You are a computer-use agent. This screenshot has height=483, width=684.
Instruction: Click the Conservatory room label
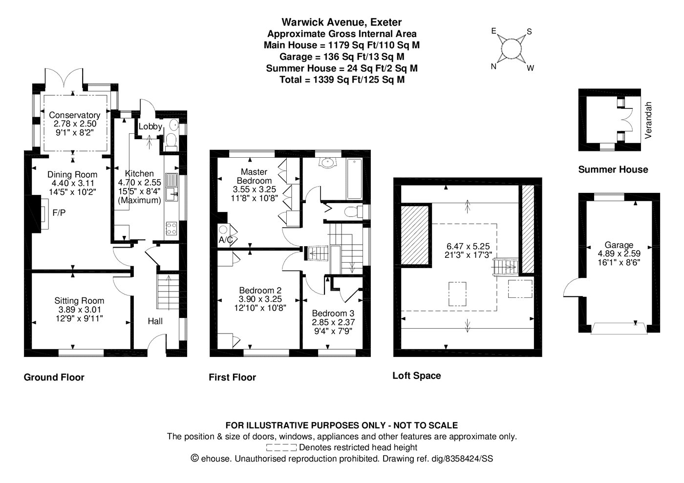(x=74, y=115)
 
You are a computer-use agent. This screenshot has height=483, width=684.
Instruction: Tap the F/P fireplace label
(x=59, y=212)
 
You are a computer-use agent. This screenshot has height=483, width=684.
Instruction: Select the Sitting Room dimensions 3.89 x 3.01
(x=79, y=310)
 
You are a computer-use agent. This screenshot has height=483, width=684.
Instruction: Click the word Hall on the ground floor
(x=155, y=321)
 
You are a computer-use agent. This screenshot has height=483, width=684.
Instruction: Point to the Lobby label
(x=150, y=126)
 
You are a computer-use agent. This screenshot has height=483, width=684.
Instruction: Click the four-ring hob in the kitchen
(x=171, y=229)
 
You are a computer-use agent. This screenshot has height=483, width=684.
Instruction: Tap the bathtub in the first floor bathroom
(x=354, y=179)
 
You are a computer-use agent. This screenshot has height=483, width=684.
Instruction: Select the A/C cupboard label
(x=226, y=240)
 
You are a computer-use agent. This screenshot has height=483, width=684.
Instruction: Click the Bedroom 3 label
(x=333, y=313)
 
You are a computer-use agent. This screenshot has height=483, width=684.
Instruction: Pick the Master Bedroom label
(x=254, y=176)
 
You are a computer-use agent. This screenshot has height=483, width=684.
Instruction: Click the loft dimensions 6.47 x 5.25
(x=468, y=246)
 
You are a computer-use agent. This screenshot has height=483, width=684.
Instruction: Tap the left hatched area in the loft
(x=415, y=235)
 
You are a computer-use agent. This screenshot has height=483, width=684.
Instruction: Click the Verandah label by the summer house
(x=648, y=120)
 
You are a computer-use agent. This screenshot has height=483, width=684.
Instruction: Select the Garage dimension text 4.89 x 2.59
(x=619, y=253)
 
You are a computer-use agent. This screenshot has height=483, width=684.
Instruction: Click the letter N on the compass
(x=493, y=66)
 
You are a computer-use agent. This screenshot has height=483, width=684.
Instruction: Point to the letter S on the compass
(x=529, y=31)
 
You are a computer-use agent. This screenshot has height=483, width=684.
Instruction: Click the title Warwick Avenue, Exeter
(x=342, y=22)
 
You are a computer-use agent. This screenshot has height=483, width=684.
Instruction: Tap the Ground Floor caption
(x=54, y=378)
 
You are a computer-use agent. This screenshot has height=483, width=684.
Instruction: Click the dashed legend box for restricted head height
(x=281, y=447)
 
